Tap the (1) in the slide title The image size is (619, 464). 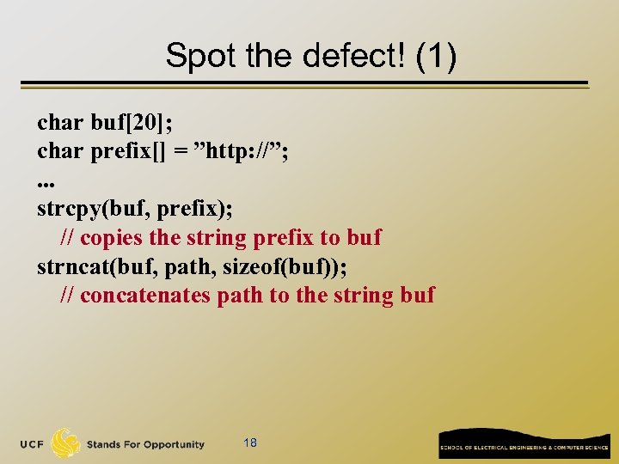click(x=434, y=57)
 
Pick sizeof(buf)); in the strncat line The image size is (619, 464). click(x=285, y=266)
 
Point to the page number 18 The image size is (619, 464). click(x=250, y=443)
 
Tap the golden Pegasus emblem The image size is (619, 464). click(x=66, y=443)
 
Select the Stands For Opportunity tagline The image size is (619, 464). click(x=145, y=444)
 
